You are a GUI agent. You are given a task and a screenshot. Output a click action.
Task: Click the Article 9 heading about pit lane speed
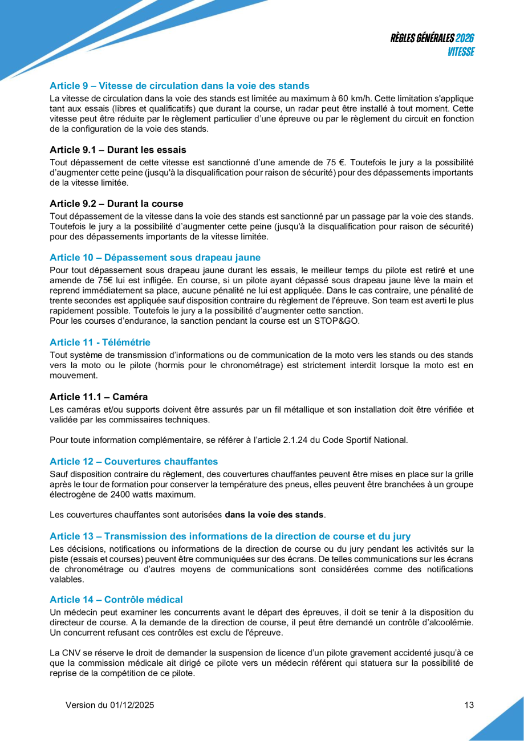point(179,86)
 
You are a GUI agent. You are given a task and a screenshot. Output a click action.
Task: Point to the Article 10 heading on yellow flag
point(155,257)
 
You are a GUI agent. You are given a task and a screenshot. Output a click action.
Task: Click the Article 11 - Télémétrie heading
point(100,343)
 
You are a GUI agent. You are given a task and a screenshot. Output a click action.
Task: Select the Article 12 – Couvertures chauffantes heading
point(133,461)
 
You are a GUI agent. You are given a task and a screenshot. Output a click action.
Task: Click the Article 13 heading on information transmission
point(230,536)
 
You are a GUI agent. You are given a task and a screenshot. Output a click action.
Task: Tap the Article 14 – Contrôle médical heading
point(116,600)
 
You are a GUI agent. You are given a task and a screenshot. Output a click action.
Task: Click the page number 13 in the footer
point(469,705)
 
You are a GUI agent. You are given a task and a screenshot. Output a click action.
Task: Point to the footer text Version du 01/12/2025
point(109,705)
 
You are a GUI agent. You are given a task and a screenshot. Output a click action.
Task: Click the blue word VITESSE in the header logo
point(460,52)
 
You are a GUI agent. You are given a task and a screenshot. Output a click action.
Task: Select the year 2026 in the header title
point(465,38)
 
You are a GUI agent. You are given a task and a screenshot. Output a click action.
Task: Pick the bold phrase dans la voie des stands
point(274,515)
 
